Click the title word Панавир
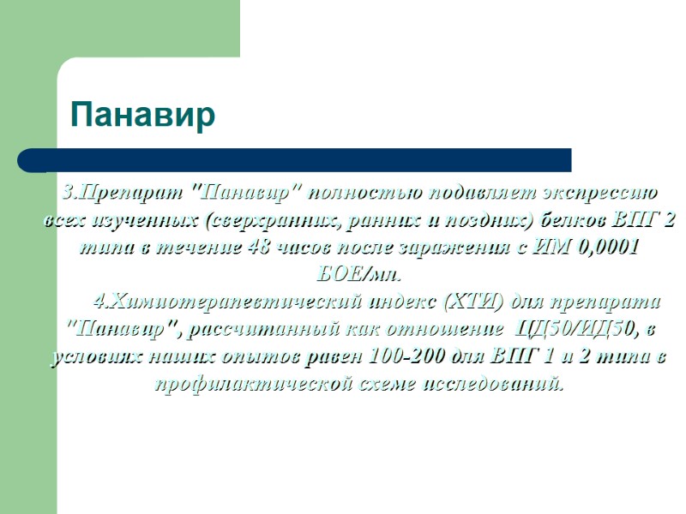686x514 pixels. tap(142, 116)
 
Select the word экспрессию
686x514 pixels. tap(600, 190)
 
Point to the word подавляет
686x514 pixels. tap(475, 190)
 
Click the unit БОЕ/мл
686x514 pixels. tap(353, 276)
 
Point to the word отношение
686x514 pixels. tap(444, 330)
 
